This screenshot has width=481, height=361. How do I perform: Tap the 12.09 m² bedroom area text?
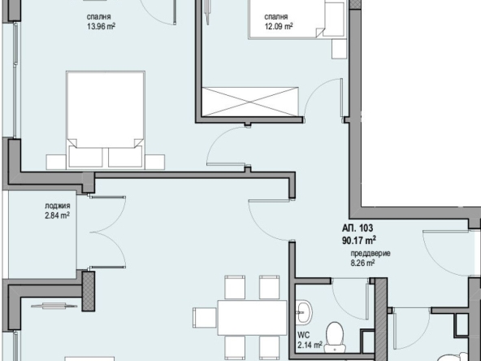[278, 25]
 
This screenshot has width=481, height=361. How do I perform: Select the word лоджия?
[56, 206]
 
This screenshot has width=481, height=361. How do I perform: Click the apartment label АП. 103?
[357, 228]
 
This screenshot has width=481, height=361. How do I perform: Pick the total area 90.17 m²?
[357, 240]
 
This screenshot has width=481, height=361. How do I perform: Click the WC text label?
[302, 334]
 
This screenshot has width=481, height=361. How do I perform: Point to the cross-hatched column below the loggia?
[89, 289]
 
